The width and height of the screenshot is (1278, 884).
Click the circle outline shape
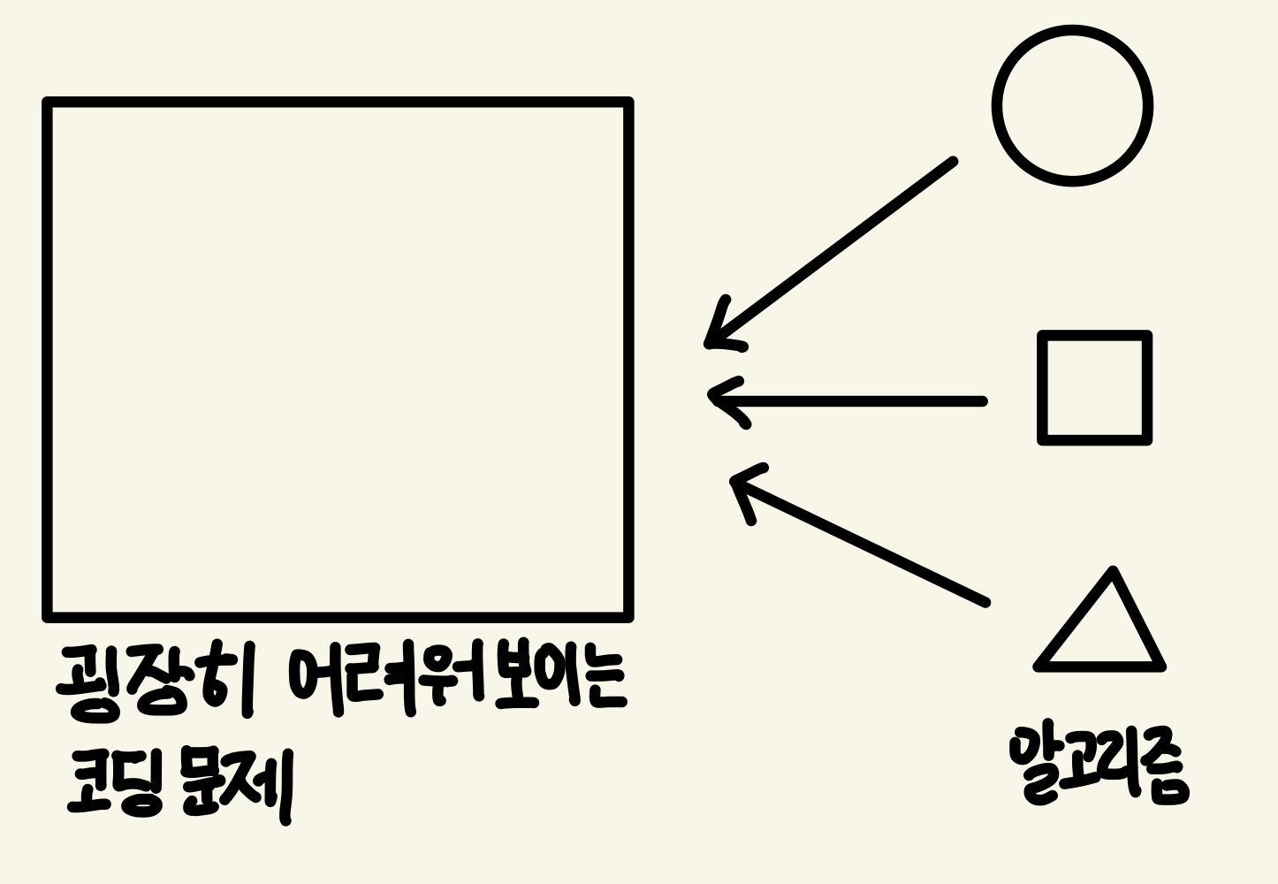click(x=1072, y=106)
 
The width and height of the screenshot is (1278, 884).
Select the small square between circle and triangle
click(x=1094, y=387)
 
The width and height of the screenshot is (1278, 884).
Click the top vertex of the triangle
click(x=1114, y=572)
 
